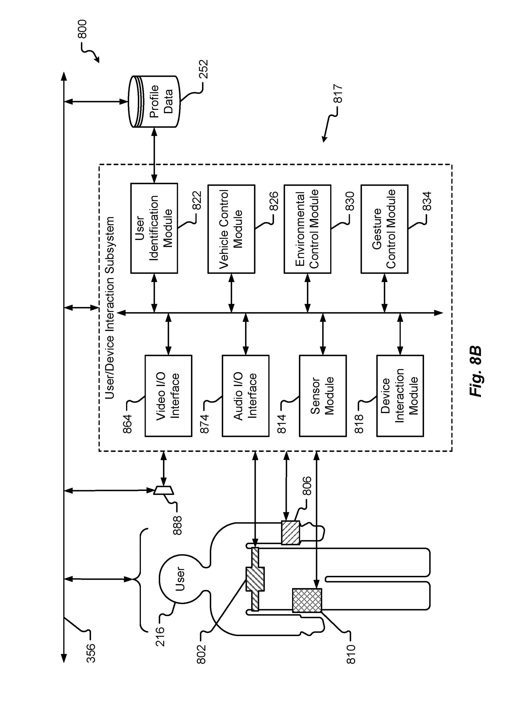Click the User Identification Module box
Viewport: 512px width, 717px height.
tap(154, 228)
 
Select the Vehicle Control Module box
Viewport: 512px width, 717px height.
tap(231, 229)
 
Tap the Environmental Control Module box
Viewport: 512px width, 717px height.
tap(307, 229)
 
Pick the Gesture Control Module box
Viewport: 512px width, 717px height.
tap(384, 229)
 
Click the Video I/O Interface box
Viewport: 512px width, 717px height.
tap(168, 395)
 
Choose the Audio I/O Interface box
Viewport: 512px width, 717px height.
tap(245, 395)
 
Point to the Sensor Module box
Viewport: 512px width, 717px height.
tap(323, 395)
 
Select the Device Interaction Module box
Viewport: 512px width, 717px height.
tap(400, 395)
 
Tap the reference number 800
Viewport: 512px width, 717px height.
tap(82, 29)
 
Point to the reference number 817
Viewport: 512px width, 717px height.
tap(338, 93)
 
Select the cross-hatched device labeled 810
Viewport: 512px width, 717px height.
tap(307, 600)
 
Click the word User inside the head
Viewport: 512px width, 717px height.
tap(180, 579)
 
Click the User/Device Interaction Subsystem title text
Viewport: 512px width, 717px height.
tap(110, 308)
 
